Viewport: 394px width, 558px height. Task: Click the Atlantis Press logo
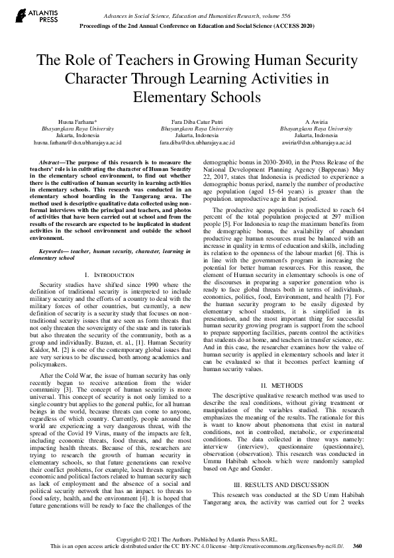(x=27, y=15)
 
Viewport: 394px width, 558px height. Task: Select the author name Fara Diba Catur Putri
(x=197, y=122)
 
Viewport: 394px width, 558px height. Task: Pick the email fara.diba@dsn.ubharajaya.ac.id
(x=197, y=142)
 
